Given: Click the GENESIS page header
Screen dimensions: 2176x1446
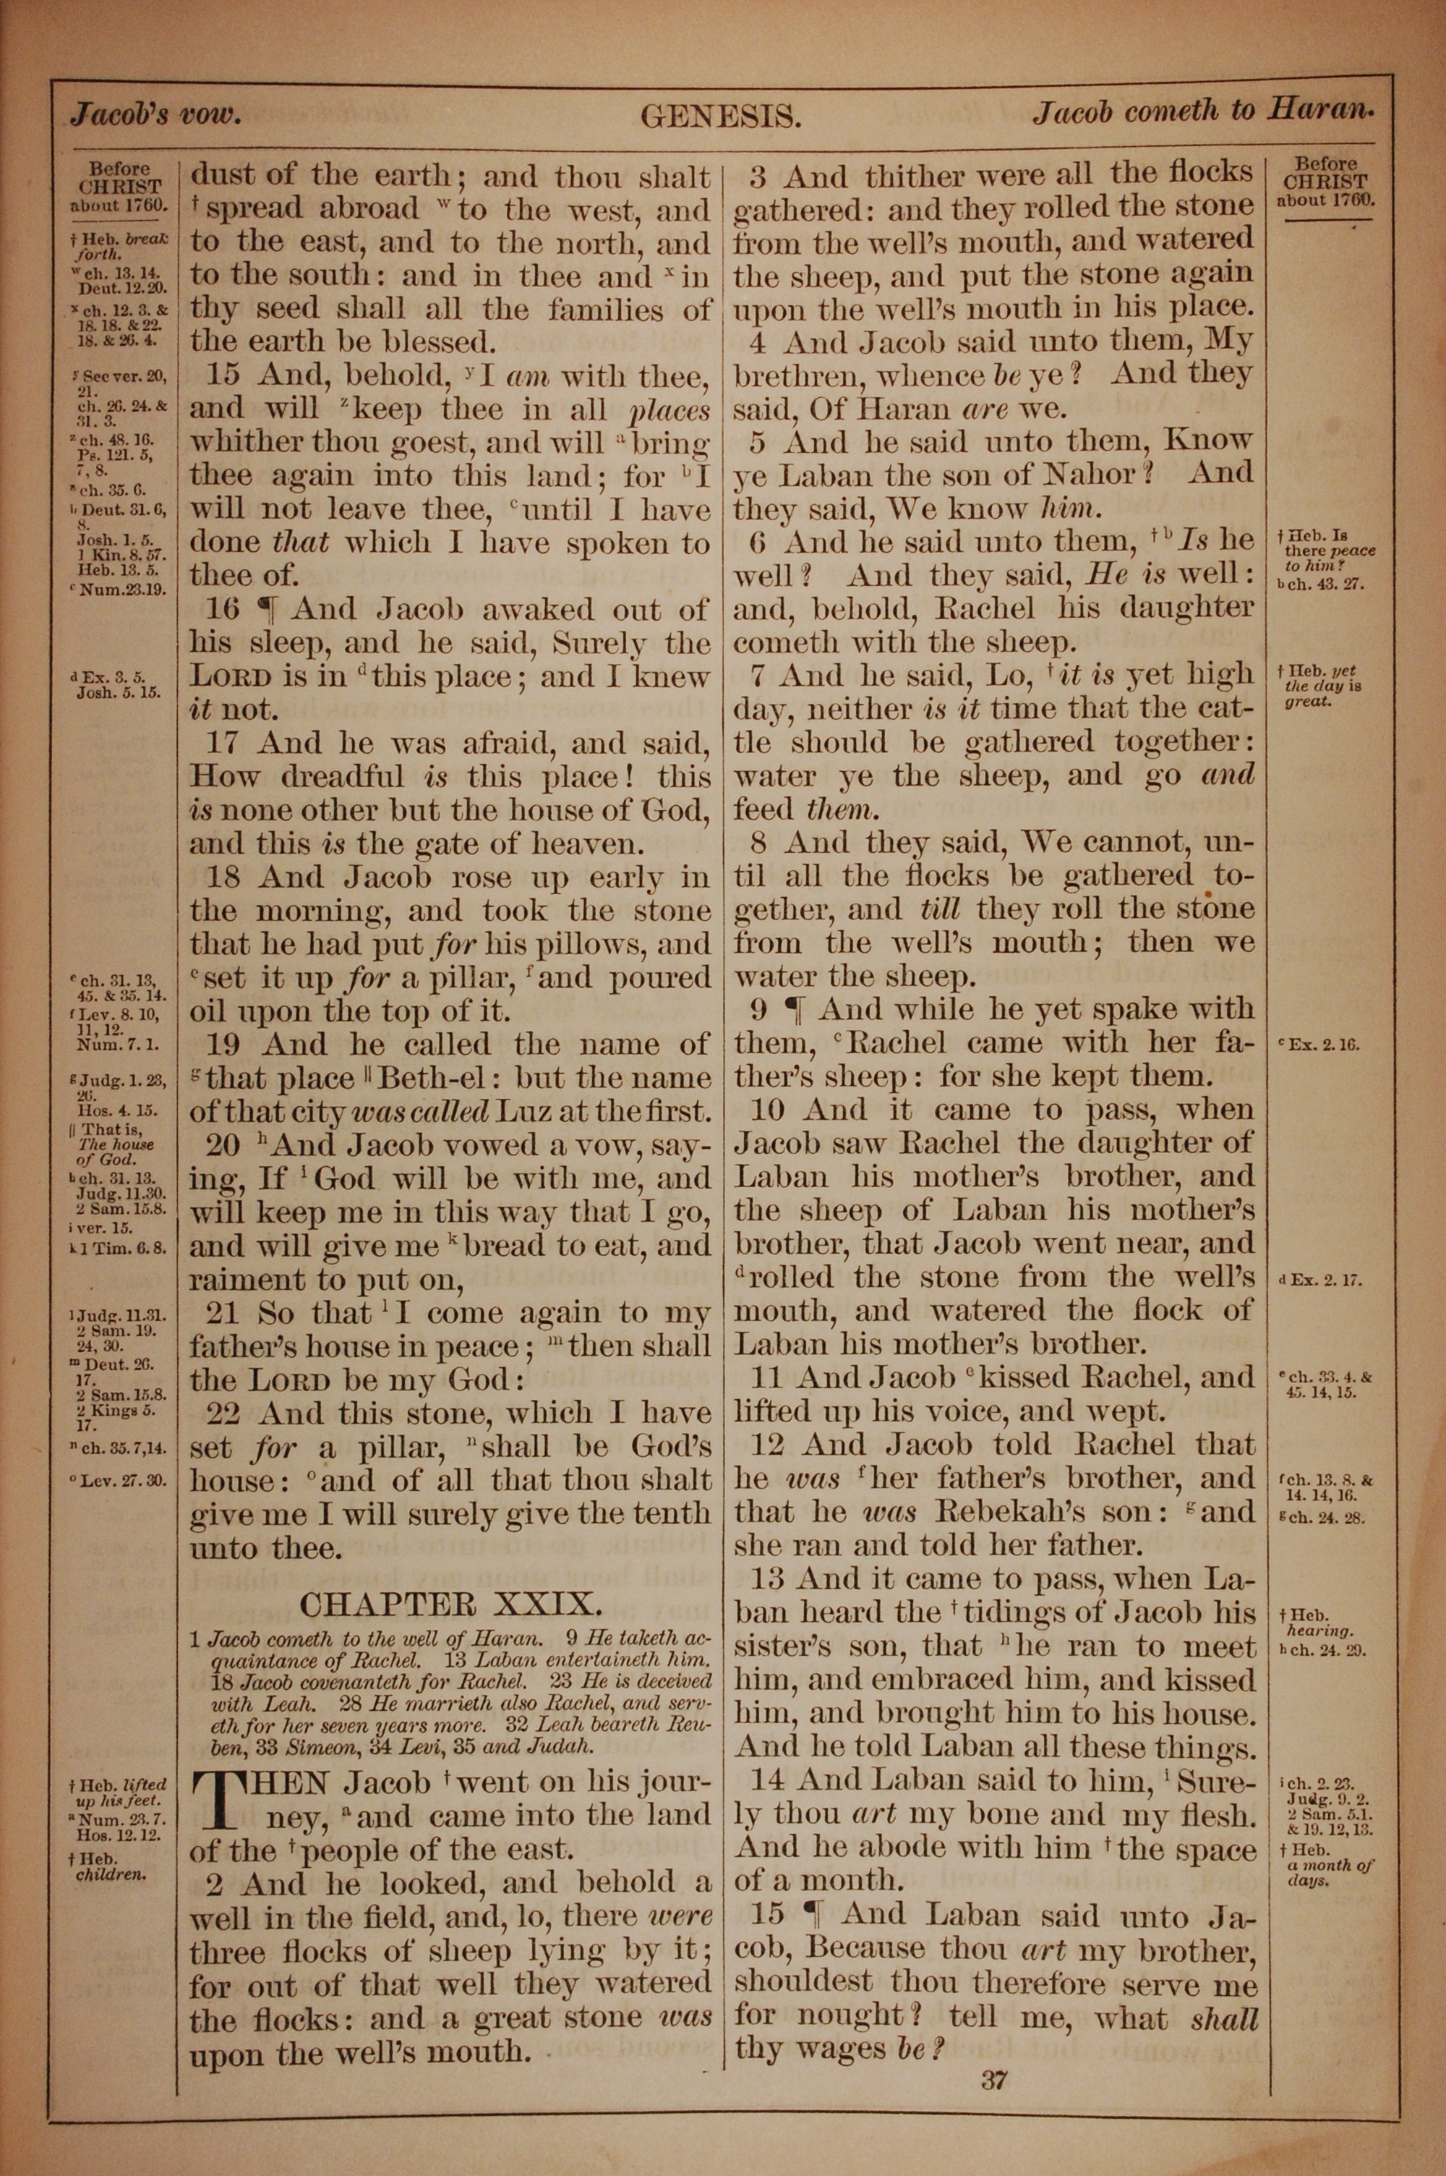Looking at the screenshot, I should tap(720, 117).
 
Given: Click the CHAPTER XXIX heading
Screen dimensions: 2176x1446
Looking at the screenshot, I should tap(451, 1603).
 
